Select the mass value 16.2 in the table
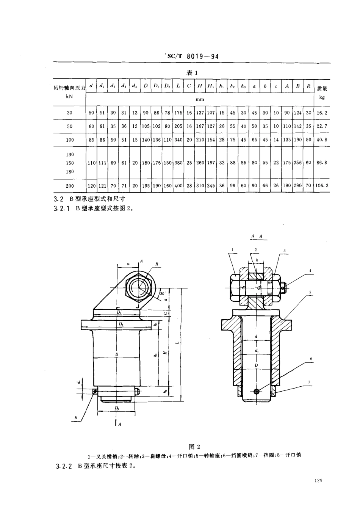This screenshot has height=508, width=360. tap(322, 113)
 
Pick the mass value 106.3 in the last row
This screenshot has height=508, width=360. tap(322, 186)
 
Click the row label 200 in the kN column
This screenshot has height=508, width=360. tap(69, 186)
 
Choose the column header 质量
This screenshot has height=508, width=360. tap(322, 89)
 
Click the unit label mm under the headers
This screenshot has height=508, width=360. tap(200, 99)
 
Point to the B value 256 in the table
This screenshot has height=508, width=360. tap(298, 163)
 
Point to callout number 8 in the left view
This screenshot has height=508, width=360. tap(76, 418)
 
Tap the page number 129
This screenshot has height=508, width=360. tap(318, 481)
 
